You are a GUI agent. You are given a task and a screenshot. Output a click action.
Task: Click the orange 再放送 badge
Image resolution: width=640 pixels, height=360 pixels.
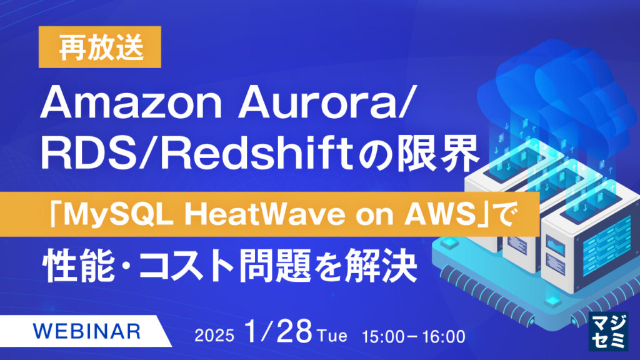point(100,47)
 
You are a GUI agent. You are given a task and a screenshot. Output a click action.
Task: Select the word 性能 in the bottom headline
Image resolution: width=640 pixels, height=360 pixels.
point(78,265)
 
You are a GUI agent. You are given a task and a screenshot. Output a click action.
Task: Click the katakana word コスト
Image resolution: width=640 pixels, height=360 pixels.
point(186,266)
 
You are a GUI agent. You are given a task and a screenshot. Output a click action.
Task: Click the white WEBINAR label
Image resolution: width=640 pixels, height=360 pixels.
point(86,331)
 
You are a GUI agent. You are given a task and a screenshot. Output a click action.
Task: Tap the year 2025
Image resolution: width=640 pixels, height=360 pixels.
point(214,336)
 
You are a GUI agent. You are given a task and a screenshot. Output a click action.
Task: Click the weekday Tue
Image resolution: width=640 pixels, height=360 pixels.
point(332,336)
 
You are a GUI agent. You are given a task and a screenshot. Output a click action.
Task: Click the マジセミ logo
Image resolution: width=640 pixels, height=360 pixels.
point(608,331)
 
